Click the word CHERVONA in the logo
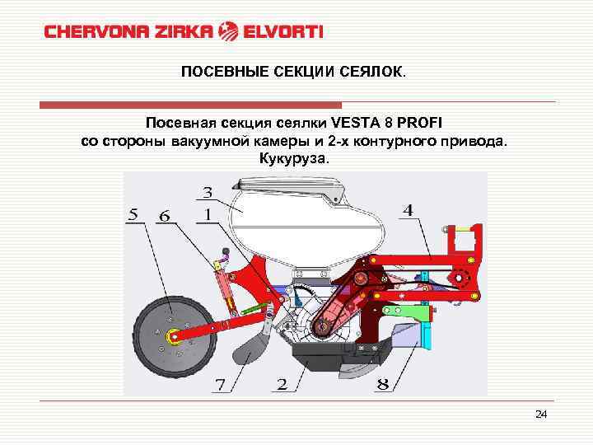point(89,32)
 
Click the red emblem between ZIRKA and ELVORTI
point(228,32)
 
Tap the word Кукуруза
point(294,158)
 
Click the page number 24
point(540,414)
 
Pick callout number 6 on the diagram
point(165,215)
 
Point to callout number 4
point(408,211)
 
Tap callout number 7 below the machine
point(220,384)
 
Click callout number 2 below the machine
point(282,384)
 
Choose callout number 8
point(382,384)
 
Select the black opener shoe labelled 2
point(317,360)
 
